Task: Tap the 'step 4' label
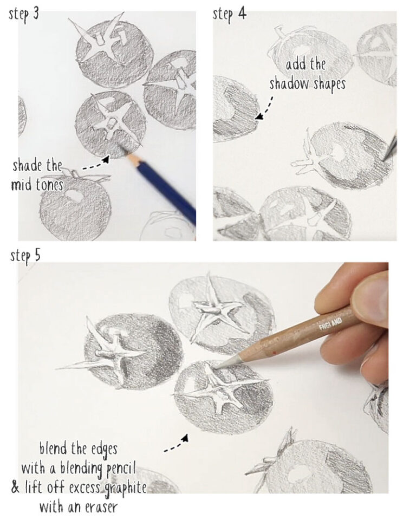229,13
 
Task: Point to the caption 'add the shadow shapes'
307,74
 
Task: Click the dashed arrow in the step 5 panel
177,441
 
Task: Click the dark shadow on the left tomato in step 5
162,352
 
